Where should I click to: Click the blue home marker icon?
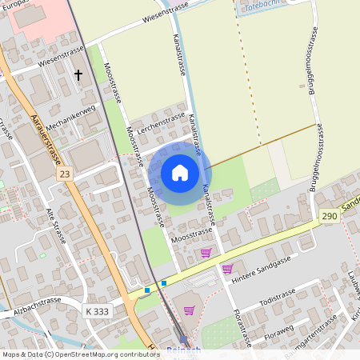(179, 173)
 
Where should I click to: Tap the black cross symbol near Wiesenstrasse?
(78, 74)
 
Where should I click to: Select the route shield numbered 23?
(65, 174)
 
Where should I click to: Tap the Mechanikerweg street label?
(70, 115)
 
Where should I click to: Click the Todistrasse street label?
(278, 298)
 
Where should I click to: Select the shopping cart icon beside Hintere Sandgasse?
(228, 269)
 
